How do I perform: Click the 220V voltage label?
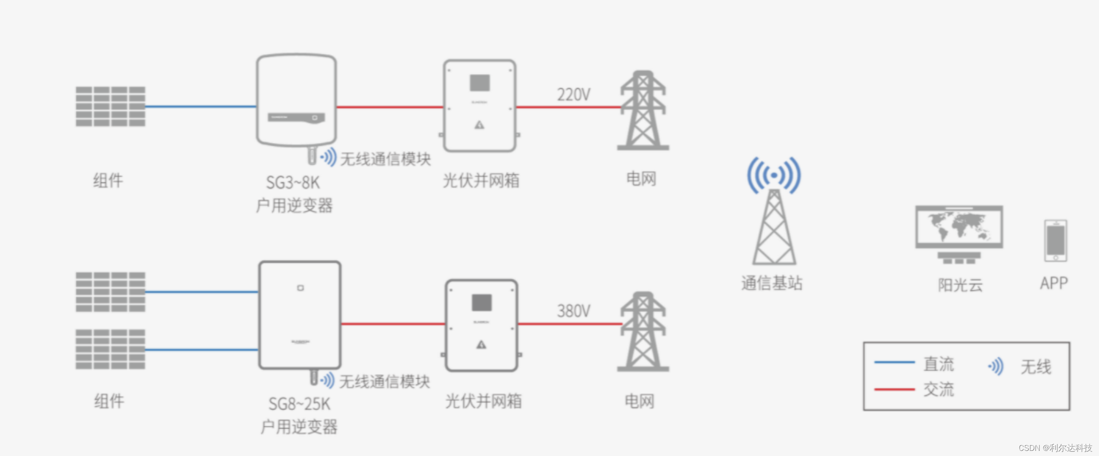click(x=574, y=94)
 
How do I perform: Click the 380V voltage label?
click(x=574, y=311)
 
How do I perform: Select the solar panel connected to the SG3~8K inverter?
click(x=110, y=106)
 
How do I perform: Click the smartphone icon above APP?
click(x=1056, y=240)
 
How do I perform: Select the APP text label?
click(x=1054, y=283)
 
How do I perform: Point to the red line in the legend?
click(x=894, y=389)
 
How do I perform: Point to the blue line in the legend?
click(x=894, y=362)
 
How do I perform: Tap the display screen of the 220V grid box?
click(x=480, y=83)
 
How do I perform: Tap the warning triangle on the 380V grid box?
click(x=481, y=344)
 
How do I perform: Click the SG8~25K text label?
click(x=299, y=404)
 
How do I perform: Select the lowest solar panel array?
click(x=110, y=350)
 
